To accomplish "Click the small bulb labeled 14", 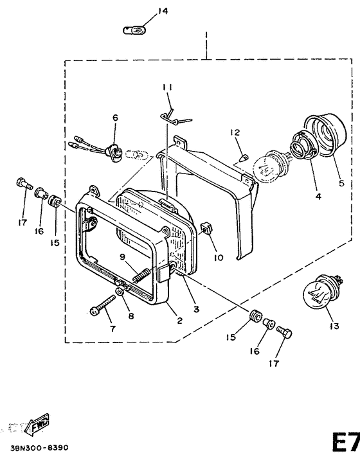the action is click(x=134, y=30).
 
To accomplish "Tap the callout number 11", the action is click(x=167, y=87).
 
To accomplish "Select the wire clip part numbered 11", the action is click(x=175, y=118).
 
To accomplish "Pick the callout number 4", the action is click(x=318, y=197).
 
